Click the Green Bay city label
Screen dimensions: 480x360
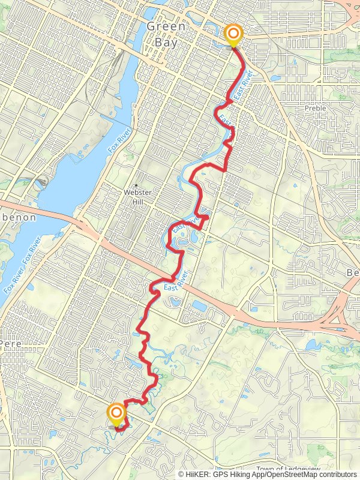tap(166, 34)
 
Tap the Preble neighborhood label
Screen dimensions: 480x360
tap(315, 109)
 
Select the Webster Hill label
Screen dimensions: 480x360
tap(136, 197)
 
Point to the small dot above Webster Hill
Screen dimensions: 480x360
tap(136, 185)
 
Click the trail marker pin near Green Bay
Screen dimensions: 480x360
tap(232, 35)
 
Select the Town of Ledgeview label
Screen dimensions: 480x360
tap(288, 469)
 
